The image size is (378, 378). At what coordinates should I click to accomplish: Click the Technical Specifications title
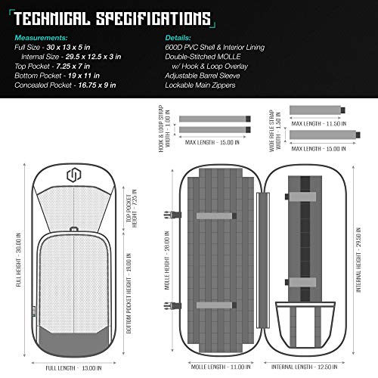[x=112, y=18]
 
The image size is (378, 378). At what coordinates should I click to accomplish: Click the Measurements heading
[x=41, y=38]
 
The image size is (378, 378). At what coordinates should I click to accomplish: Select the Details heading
[x=178, y=38]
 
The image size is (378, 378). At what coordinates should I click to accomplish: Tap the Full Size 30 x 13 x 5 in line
[x=52, y=47]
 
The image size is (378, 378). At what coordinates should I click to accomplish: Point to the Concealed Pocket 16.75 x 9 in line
[x=65, y=85]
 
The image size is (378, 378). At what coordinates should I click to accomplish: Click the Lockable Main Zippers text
[x=200, y=85]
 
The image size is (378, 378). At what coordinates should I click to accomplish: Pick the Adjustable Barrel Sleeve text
[x=203, y=76]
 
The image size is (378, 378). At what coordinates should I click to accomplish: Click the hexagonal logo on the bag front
[x=74, y=175]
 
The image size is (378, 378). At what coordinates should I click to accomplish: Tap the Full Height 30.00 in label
[x=19, y=259]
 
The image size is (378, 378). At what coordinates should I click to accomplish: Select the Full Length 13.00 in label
[x=73, y=368]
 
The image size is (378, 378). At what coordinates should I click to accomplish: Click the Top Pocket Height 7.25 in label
[x=132, y=209]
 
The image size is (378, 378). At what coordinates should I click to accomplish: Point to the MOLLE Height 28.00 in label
[x=167, y=260]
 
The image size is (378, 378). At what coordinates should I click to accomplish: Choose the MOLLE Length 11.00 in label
[x=221, y=367]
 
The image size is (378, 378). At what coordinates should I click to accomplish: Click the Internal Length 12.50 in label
[x=304, y=367]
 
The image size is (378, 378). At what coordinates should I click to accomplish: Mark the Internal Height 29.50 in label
[x=358, y=260]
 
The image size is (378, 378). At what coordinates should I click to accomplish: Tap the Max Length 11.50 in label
[x=319, y=124]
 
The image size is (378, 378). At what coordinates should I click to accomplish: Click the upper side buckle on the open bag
[x=172, y=215]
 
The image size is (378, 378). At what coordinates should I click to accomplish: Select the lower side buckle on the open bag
[x=172, y=305]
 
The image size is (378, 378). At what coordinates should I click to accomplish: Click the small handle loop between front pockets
[x=74, y=229]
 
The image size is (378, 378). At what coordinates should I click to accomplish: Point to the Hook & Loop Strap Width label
[x=165, y=129]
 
